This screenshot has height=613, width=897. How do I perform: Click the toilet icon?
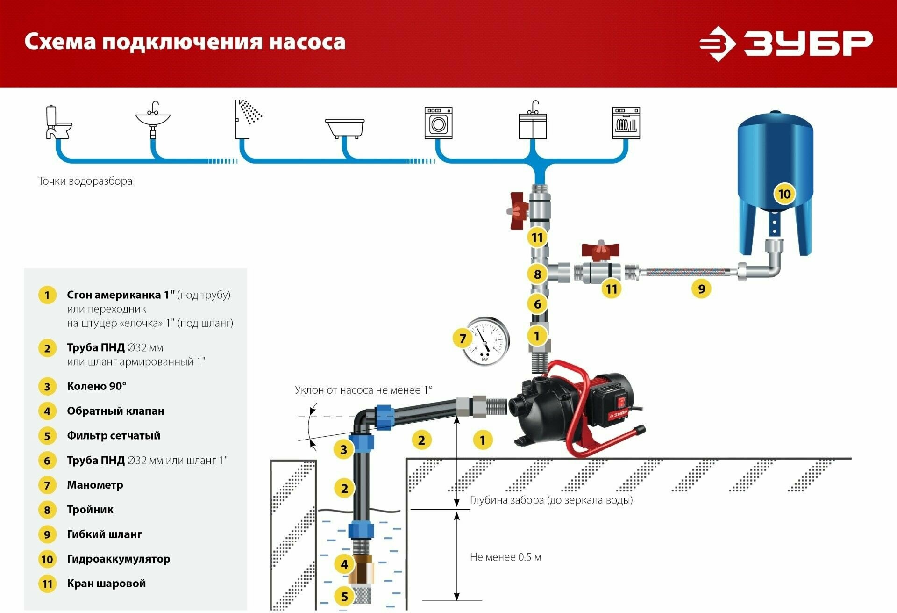[x=58, y=123]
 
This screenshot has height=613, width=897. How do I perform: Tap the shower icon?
[x=248, y=119]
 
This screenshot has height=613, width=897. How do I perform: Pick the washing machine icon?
[x=438, y=123]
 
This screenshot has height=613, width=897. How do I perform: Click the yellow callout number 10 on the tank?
[x=784, y=194]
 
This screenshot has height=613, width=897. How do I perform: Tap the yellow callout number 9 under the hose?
[x=701, y=288]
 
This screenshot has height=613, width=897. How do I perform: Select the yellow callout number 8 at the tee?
[x=537, y=274]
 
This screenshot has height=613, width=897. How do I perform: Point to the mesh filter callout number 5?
[x=344, y=596]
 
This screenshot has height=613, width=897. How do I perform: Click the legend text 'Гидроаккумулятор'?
[x=118, y=559]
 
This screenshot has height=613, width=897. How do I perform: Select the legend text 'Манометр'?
[x=95, y=485]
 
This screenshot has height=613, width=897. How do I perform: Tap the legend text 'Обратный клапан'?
[x=115, y=411]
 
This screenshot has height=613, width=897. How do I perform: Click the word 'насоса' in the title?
[x=307, y=42]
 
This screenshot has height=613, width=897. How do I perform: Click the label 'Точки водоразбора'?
[x=85, y=181]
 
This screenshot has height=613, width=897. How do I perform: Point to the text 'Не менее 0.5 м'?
[x=505, y=557]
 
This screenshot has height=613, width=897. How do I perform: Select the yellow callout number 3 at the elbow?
[x=343, y=449]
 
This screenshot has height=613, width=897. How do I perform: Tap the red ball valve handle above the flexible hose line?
[x=600, y=249]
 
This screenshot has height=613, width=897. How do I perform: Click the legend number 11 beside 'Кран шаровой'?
[x=47, y=584]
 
